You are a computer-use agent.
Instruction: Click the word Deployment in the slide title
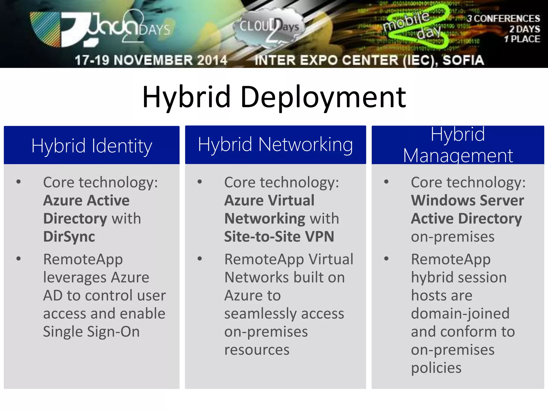[323, 98]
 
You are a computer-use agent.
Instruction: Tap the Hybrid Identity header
[92, 146]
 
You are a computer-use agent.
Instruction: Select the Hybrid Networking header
[275, 144]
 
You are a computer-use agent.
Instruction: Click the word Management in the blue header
[458, 156]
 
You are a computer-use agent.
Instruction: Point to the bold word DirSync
[69, 237]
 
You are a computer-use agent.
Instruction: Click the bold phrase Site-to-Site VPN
[279, 237]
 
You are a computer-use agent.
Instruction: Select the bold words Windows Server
[467, 200]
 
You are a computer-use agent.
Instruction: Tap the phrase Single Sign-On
[91, 332]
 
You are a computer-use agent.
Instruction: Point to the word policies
[436, 368]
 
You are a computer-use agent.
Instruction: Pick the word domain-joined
[460, 314]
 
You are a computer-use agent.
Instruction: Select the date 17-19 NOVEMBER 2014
[151, 60]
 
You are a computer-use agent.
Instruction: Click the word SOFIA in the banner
[463, 60]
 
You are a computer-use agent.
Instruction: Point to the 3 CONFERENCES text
[503, 18]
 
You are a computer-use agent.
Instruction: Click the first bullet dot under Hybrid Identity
[18, 182]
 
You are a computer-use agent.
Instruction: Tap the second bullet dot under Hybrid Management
[386, 259]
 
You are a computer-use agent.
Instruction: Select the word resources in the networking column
[257, 350]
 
